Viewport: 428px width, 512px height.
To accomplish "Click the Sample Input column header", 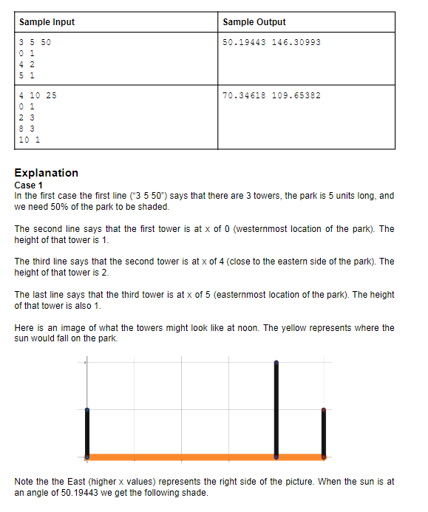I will point(47,22).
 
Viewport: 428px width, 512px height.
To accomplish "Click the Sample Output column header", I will point(254,22).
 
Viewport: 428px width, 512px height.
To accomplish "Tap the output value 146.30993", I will point(296,42).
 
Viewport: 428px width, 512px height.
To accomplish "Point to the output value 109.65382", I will point(296,95).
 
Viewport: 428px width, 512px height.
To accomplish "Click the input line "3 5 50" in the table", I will point(35,42).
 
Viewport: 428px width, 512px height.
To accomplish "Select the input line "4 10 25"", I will point(38,95).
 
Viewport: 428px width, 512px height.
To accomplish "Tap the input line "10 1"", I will point(30,139).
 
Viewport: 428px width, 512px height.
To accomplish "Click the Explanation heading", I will point(46,173).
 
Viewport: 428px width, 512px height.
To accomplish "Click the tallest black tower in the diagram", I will point(276,410).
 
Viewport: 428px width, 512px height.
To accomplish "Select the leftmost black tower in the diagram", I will point(87,434).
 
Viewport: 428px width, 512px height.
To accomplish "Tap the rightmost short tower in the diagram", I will point(323,434).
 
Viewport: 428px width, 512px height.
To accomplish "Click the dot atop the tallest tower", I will point(276,363).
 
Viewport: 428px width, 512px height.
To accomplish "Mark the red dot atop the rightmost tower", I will point(323,409).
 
